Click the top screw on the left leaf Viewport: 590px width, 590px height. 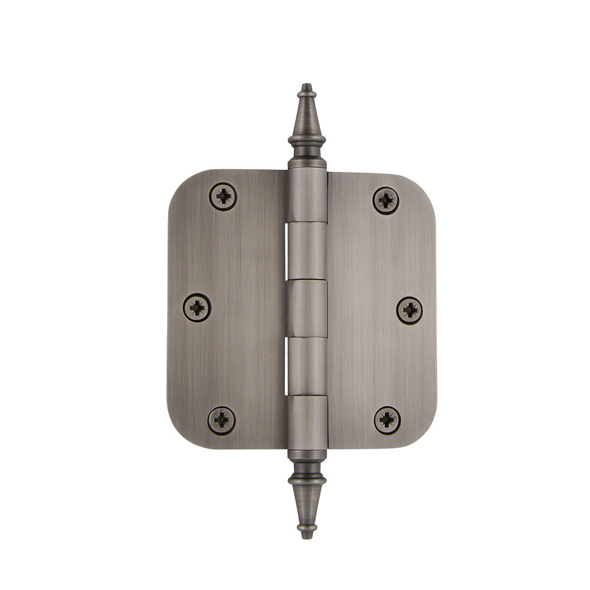pyautogui.click(x=224, y=195)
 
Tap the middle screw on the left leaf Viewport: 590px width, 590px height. pyautogui.click(x=196, y=307)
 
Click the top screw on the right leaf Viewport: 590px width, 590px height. pyautogui.click(x=386, y=201)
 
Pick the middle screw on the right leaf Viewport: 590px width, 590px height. pyautogui.click(x=409, y=310)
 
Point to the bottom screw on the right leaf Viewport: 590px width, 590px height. pyautogui.click(x=388, y=419)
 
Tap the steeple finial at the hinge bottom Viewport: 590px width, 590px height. pyautogui.click(x=307, y=499)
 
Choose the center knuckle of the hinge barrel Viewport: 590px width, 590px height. pyautogui.click(x=307, y=309)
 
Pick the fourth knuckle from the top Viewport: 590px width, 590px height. pyautogui.click(x=307, y=365)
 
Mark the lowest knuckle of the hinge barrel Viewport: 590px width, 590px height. pyautogui.click(x=307, y=422)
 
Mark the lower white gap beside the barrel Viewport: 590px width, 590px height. pyautogui.click(x=289, y=366)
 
